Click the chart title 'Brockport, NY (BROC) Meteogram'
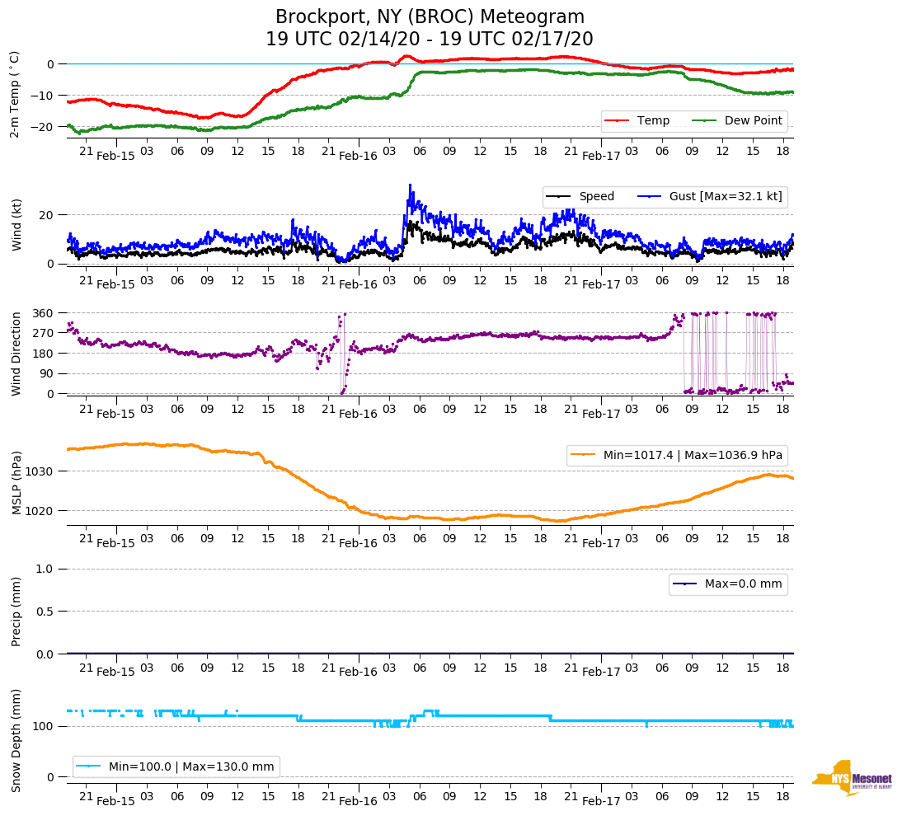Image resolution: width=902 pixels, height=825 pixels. (x=430, y=17)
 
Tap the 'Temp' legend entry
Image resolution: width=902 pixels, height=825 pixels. (x=653, y=121)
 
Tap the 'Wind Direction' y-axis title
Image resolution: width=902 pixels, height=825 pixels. (x=16, y=354)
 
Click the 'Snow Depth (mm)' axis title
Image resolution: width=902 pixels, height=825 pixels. (x=16, y=740)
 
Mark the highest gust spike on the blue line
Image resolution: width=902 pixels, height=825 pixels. (x=410, y=185)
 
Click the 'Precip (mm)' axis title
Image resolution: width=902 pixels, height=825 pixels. (x=16, y=612)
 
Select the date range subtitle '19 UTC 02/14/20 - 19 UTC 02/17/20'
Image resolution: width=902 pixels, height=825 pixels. (x=430, y=40)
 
